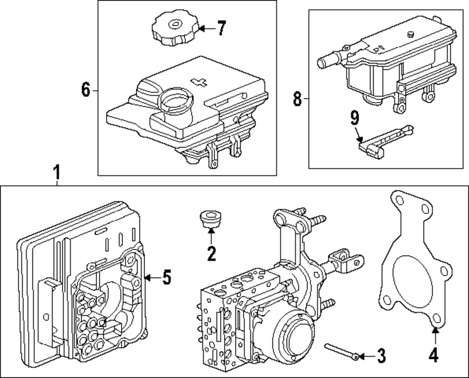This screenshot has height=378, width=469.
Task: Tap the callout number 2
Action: pos(211,253)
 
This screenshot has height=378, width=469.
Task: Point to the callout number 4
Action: pos(435,355)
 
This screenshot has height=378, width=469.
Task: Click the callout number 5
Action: pos(166,278)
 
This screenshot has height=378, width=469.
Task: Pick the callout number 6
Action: pos(85,89)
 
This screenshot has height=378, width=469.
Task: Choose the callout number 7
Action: pos(221,29)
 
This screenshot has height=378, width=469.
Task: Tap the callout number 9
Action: pos(355,118)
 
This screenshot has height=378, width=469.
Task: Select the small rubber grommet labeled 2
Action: pos(209,218)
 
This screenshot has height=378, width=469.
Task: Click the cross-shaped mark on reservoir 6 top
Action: pos(200,82)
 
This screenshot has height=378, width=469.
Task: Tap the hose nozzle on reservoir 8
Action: pos(325,63)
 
